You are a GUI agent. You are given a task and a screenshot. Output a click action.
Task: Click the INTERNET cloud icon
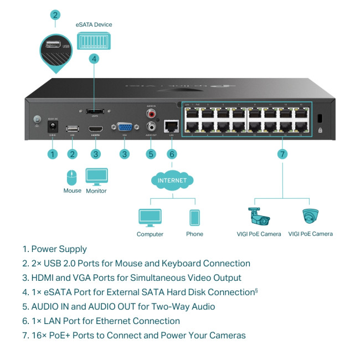point(172,181)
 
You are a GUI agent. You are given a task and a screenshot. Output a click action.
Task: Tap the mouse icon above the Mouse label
point(72,177)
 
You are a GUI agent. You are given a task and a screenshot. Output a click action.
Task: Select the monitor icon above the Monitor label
point(96,177)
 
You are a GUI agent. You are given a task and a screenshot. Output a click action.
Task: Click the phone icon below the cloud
point(194,218)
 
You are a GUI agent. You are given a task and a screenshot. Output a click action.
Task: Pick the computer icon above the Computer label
point(150,218)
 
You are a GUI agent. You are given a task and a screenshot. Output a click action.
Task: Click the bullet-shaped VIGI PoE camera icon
point(259,216)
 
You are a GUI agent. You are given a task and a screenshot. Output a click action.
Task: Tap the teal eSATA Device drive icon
point(94,40)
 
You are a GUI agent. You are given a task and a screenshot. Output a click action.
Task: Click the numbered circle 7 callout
point(282,154)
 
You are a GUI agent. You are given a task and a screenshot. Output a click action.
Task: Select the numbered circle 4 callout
point(94,58)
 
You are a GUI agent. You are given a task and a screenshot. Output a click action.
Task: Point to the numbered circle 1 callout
point(53,154)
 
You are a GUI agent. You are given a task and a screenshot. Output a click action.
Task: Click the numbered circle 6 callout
point(172,154)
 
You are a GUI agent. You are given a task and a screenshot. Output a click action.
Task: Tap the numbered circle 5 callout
point(150,154)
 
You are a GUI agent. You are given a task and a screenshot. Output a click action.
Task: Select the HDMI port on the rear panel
point(95,129)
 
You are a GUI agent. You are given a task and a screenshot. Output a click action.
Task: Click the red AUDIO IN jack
point(150,114)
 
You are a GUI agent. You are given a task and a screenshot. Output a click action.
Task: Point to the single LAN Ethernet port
point(172,126)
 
